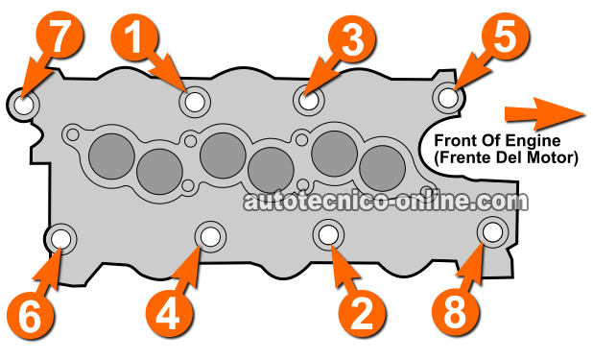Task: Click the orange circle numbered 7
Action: pos(59,36)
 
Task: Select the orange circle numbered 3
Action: pos(352,38)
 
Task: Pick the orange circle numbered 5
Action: pos(506,36)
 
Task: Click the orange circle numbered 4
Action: pos(169,314)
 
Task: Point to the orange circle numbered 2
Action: pos(363,314)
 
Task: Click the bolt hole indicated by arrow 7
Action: pos(23,104)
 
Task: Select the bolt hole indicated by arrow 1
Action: pos(195,102)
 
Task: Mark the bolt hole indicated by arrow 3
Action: pos(309,100)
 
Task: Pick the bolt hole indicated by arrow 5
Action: pos(448,97)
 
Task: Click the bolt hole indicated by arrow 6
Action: pos(60,239)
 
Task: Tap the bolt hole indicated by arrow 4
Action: pos(210,236)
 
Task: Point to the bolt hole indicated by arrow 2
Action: pos(328,234)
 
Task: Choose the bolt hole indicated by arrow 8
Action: pos(493,232)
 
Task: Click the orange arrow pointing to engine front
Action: pos(546,113)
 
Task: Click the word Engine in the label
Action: pos(534,141)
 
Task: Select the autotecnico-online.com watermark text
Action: pos(386,201)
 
